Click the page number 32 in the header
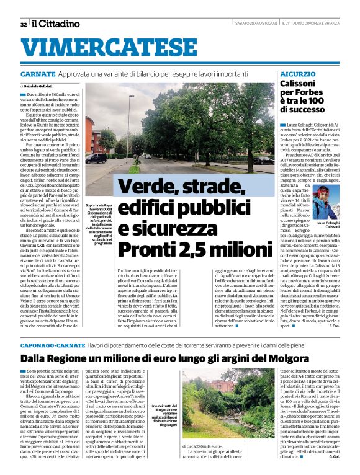(23, 24)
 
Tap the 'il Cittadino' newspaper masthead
(56, 24)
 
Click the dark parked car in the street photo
(96, 159)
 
